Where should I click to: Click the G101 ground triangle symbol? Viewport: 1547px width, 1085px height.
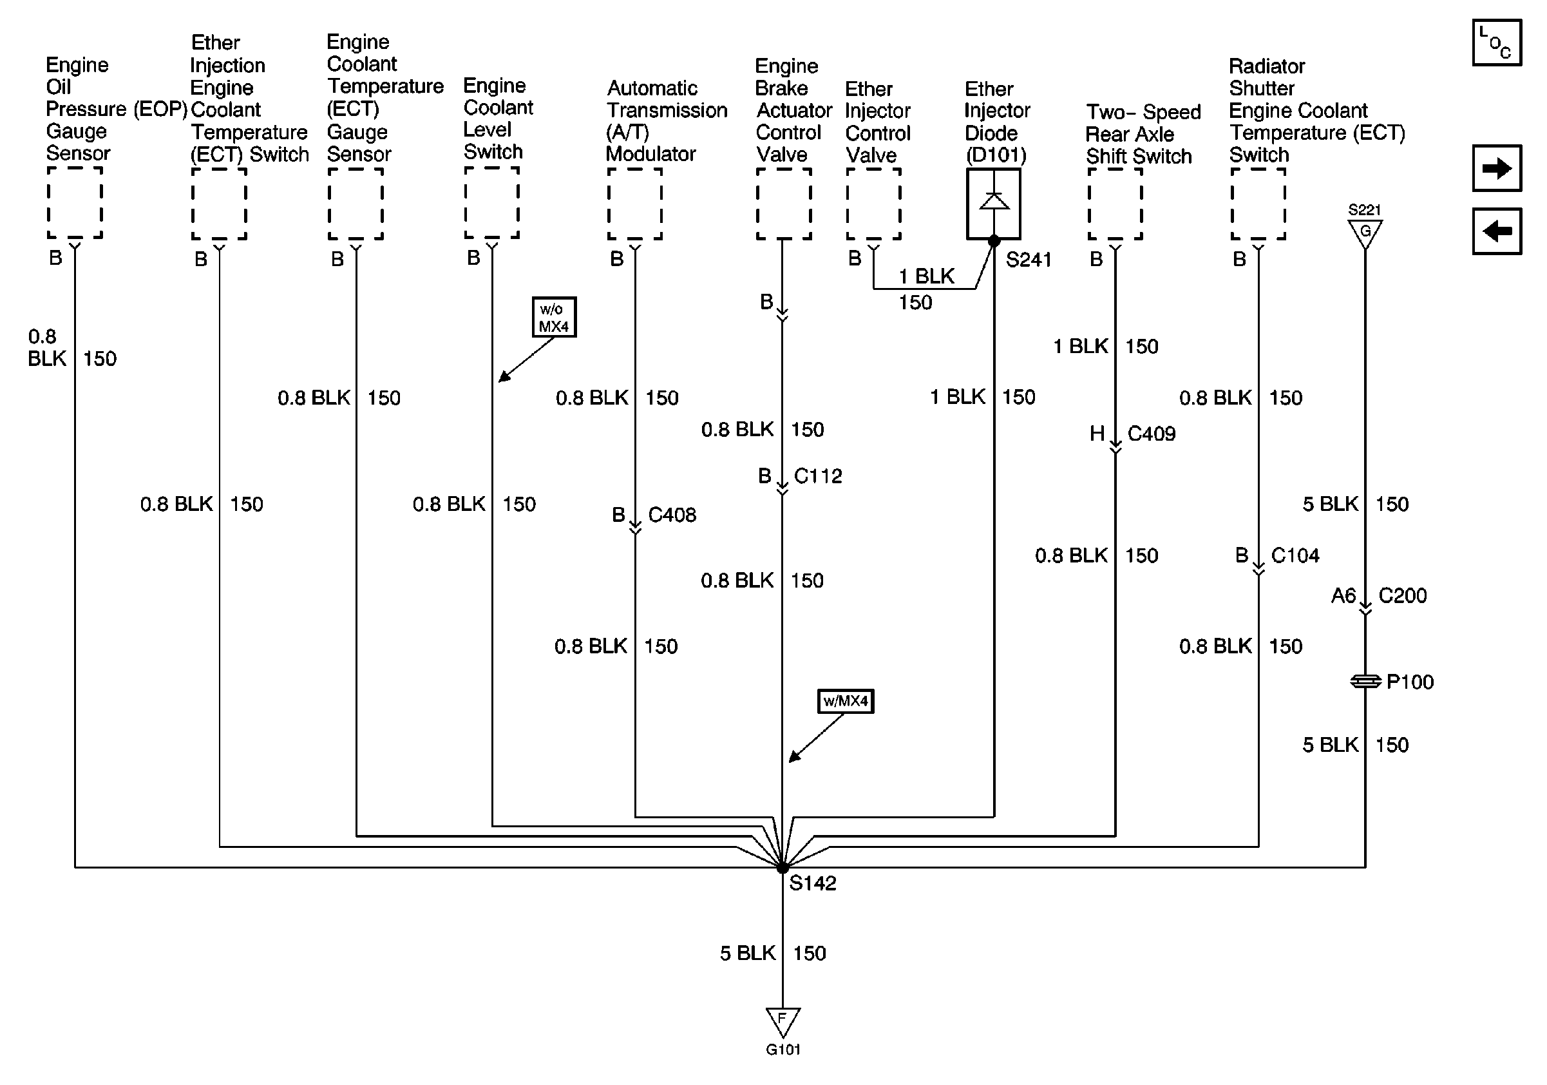(783, 1021)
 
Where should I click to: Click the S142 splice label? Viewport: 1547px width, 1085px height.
(813, 883)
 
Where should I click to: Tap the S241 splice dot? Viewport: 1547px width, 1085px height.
(994, 240)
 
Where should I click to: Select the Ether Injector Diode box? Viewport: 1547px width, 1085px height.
(994, 204)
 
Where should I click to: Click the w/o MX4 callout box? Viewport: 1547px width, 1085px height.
(554, 318)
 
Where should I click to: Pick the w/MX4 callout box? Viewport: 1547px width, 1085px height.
(846, 701)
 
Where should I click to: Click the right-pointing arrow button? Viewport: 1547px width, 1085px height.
(1497, 168)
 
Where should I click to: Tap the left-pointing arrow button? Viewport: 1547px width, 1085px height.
(1497, 232)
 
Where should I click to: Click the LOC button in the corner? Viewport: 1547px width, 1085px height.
(1497, 43)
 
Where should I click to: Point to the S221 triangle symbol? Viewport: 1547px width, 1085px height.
(1365, 233)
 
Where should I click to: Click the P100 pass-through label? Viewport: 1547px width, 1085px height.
(1410, 682)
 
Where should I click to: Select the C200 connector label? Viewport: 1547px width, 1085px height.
(1402, 596)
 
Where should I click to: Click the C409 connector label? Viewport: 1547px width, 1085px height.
(1152, 434)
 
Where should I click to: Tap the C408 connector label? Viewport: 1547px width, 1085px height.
(672, 515)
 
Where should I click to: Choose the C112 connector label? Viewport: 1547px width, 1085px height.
(818, 476)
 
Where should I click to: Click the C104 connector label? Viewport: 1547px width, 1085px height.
(1295, 555)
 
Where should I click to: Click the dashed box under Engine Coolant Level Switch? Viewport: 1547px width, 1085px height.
(492, 203)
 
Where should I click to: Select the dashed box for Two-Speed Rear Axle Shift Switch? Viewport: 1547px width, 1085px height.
(1115, 204)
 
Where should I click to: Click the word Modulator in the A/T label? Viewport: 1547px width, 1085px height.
(650, 155)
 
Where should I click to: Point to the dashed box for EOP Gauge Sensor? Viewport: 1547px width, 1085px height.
(75, 203)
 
